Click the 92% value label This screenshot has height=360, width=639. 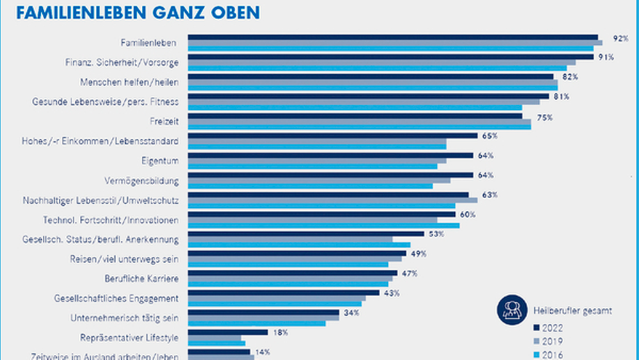point(620,38)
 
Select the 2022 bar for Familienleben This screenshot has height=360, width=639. point(392,38)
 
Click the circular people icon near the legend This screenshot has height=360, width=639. point(511,310)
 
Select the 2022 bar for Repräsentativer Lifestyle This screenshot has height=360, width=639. point(227,333)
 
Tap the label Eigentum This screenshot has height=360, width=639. point(160,160)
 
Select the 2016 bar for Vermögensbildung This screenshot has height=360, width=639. point(310,186)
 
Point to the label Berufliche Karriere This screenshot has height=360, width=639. point(141,279)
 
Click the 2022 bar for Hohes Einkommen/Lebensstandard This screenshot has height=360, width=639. point(332,136)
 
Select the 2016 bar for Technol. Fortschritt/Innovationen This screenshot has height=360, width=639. point(323,225)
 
